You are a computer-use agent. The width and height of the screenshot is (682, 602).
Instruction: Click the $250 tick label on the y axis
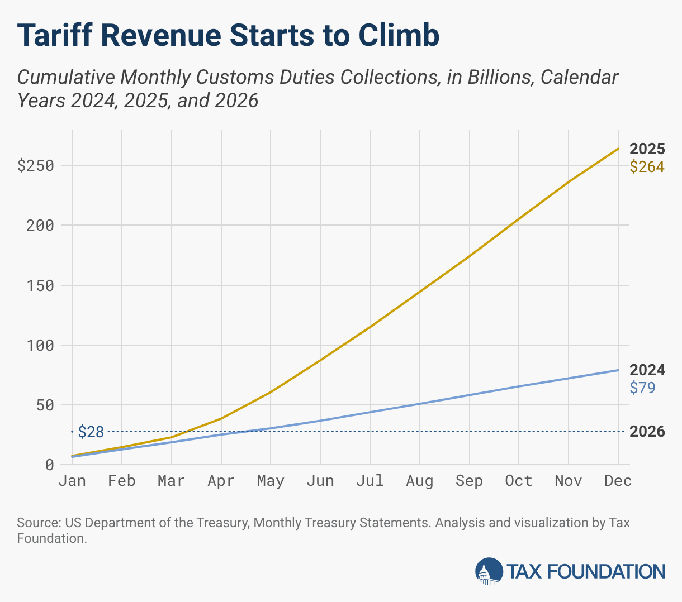tap(35, 166)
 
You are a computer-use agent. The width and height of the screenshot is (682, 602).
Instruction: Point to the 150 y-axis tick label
tap(41, 285)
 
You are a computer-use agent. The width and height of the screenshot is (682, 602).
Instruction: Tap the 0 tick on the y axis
tap(50, 465)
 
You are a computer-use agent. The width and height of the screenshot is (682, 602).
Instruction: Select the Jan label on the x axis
tap(72, 481)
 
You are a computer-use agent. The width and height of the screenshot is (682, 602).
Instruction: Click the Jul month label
tap(370, 481)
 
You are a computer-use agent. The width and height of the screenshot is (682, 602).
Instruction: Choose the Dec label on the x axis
tap(618, 481)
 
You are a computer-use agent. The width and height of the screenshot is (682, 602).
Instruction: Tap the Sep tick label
tap(469, 481)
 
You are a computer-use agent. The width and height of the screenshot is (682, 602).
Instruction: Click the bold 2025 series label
tap(647, 149)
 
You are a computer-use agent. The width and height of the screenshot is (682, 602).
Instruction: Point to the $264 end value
tap(647, 166)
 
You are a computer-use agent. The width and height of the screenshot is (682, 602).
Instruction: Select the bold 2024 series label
tap(647, 370)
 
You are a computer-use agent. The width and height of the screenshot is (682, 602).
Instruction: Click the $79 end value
tap(642, 388)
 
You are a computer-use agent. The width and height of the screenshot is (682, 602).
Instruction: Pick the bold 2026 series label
tap(647, 432)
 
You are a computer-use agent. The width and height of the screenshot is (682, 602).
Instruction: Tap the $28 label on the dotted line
tap(91, 432)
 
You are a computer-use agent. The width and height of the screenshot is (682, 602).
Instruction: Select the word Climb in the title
tap(399, 35)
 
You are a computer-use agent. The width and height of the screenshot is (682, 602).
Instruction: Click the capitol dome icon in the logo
tap(489, 571)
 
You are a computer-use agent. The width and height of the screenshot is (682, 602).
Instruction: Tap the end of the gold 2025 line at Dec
tap(618, 149)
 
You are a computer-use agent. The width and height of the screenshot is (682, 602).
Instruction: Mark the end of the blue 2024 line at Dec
tap(618, 370)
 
